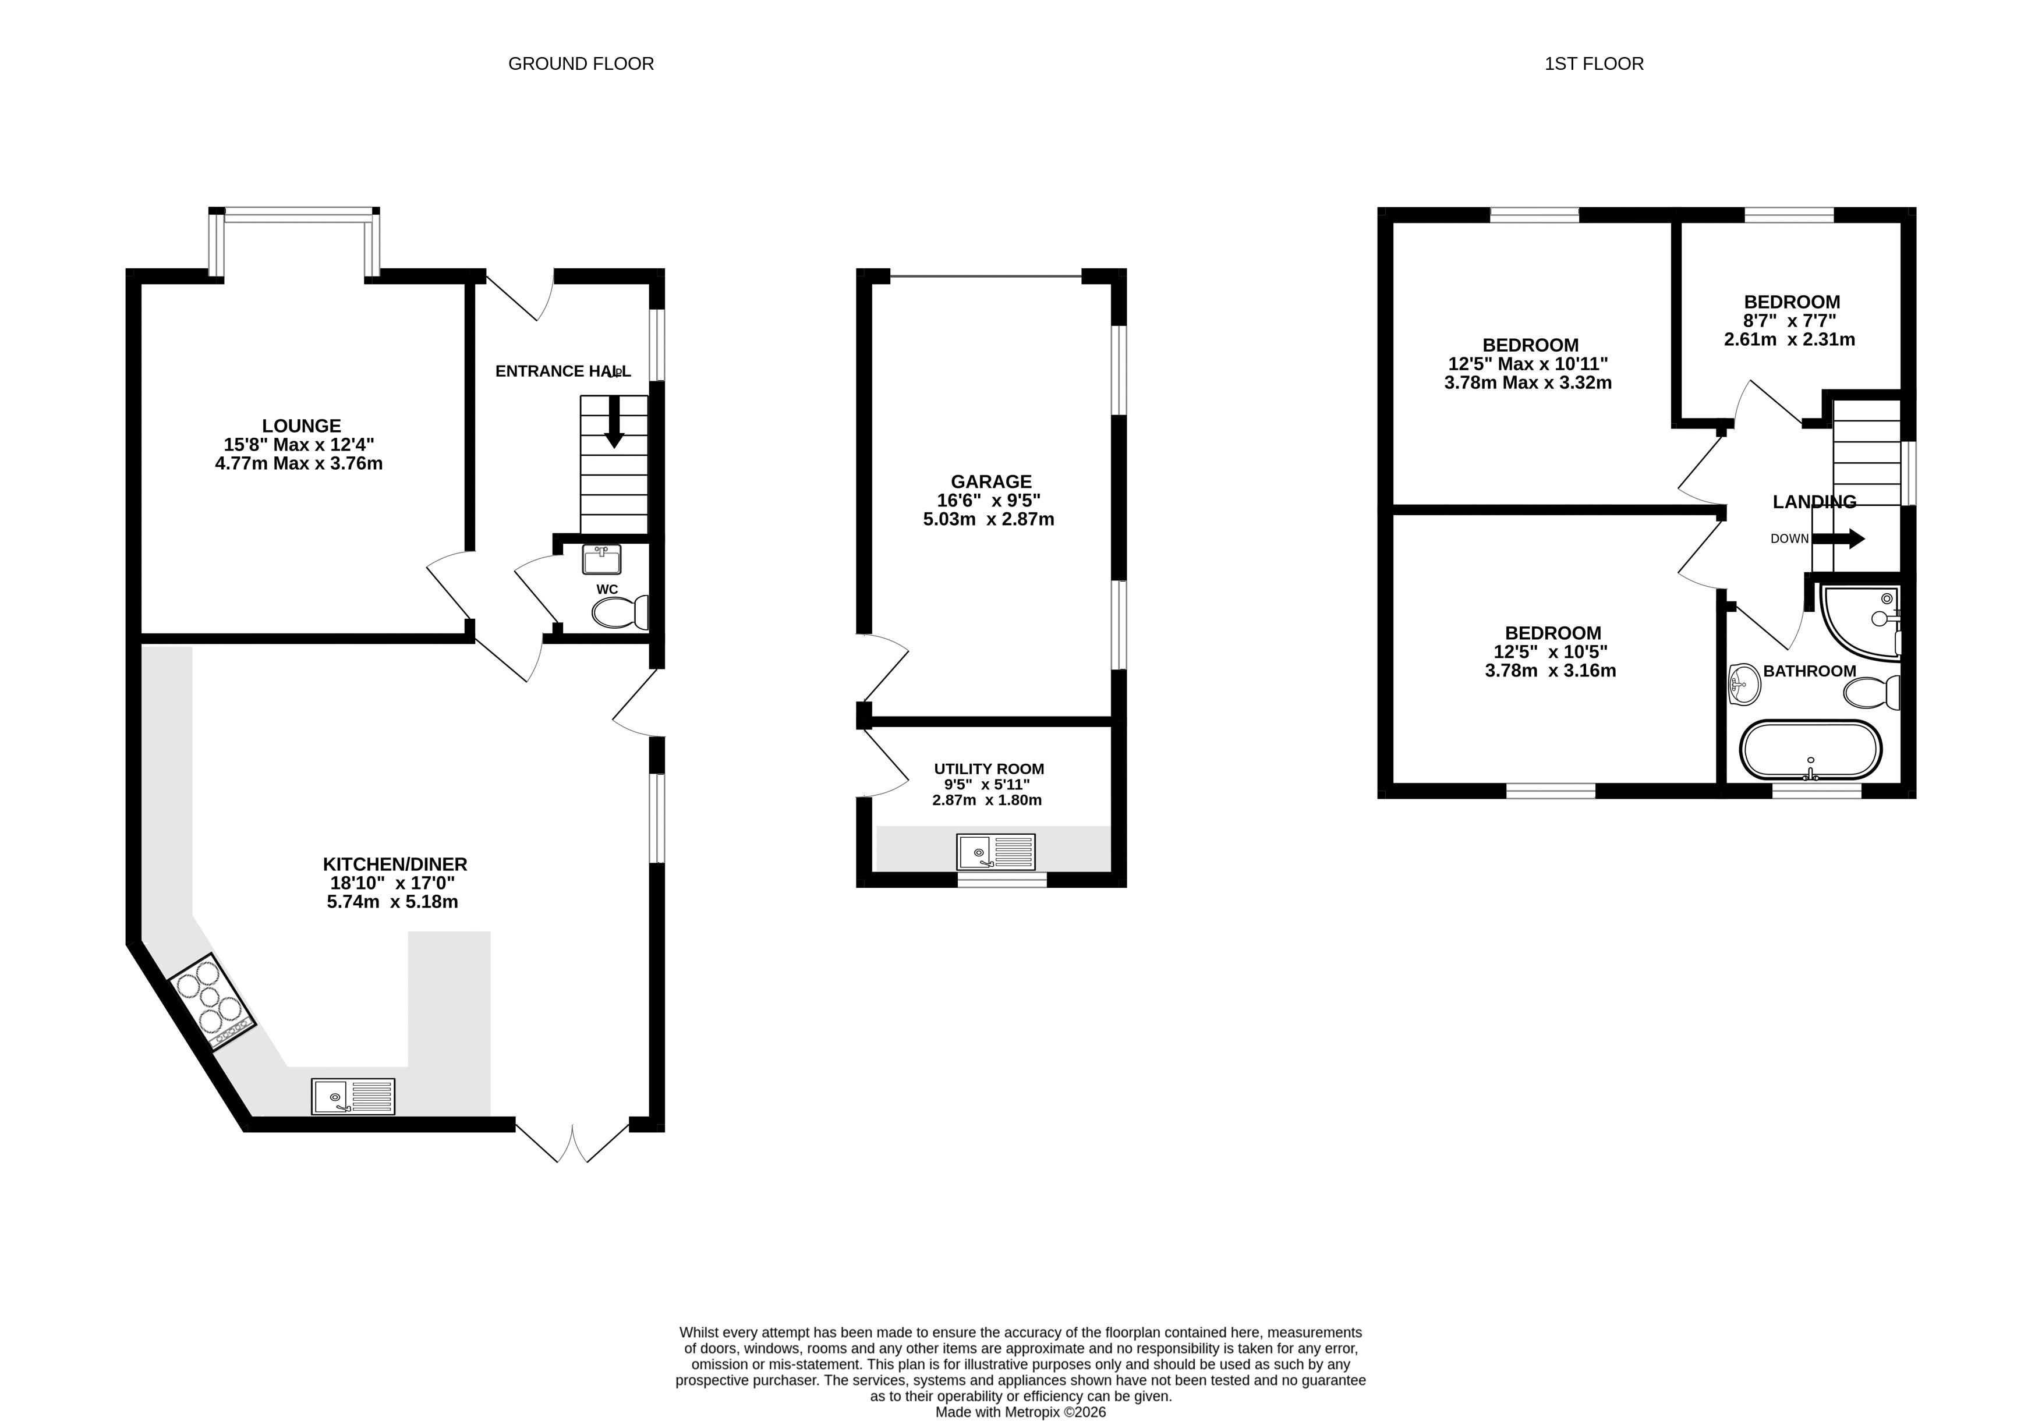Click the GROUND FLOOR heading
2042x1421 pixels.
pos(581,64)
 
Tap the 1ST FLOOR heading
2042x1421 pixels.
pos(1594,64)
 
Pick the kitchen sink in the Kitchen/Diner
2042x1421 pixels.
pos(353,1096)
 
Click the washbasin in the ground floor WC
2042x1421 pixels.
pos(602,559)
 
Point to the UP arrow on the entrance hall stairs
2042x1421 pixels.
pos(614,421)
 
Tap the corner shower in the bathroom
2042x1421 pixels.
pos(1860,622)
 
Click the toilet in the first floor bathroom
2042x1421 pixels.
pos(1872,692)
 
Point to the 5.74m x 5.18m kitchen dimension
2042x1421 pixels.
pos(392,902)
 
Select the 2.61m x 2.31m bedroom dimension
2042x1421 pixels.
pos(1789,340)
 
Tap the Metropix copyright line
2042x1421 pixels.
pos(1021,1412)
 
